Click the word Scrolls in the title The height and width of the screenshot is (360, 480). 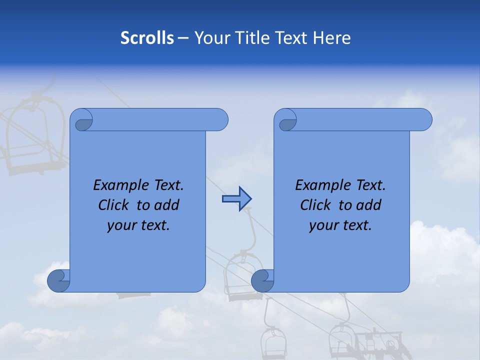click(147, 38)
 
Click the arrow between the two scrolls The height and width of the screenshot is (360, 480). click(236, 199)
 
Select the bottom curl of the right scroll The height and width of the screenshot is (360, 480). click(263, 281)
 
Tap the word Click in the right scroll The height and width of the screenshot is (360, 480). click(315, 205)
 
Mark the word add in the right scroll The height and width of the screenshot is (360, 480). click(369, 205)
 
